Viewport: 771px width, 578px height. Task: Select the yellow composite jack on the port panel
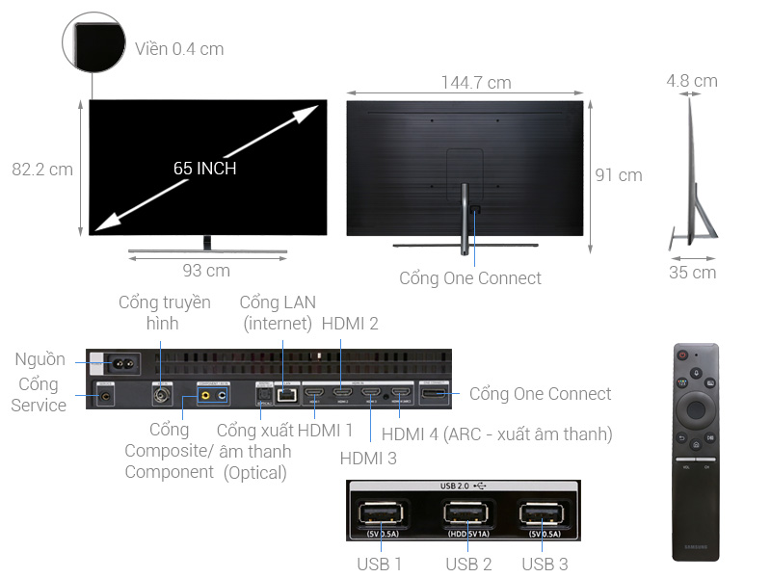click(205, 394)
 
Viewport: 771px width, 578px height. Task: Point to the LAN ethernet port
click(284, 394)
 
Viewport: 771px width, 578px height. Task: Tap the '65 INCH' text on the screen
click(204, 169)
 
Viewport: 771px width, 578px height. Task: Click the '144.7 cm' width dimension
click(476, 83)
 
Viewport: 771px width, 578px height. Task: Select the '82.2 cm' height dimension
click(42, 170)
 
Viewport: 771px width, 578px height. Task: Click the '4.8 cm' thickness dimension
click(691, 81)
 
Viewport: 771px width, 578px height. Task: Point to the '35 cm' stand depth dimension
click(691, 273)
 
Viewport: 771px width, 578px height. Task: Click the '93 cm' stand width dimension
click(206, 271)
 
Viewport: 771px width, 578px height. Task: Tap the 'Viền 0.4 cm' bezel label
click(179, 48)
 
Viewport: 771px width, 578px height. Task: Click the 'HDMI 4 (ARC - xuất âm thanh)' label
click(496, 434)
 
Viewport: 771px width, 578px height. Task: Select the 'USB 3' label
click(544, 565)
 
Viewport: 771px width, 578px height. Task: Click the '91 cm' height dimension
click(618, 175)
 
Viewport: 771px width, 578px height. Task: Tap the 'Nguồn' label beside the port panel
click(40, 359)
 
